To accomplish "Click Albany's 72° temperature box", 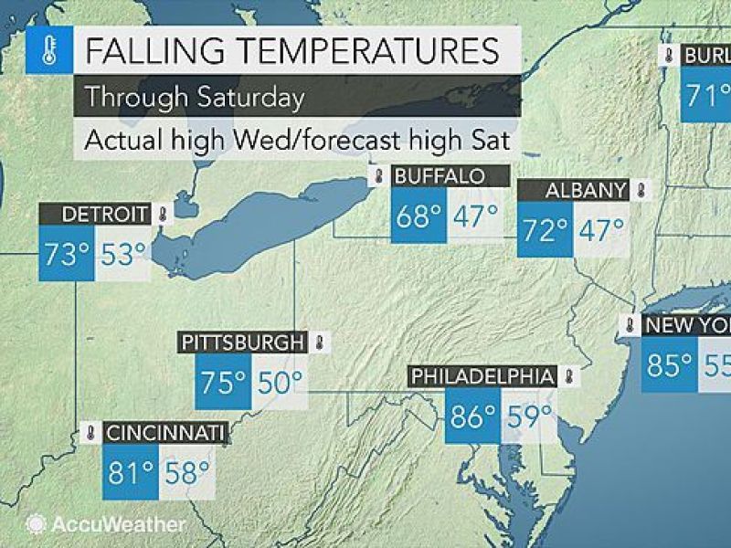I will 544,228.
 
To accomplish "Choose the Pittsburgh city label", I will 243,343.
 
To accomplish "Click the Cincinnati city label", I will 164,433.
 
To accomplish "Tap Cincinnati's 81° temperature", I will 130,472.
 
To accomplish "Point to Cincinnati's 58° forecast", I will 186,472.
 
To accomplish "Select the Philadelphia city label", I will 482,376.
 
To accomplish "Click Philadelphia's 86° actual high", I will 472,416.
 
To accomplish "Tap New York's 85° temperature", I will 670,364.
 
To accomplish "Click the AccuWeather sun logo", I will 37,524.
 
